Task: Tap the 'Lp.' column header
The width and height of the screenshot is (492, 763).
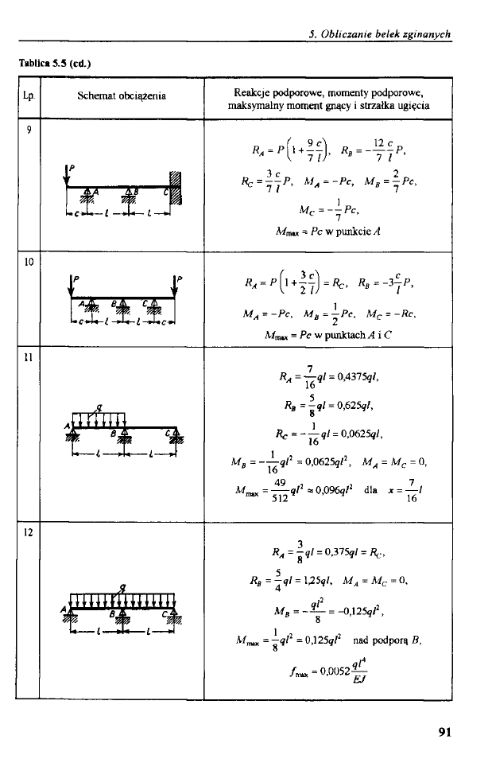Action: pos(29,96)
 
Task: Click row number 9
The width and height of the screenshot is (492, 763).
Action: pos(29,130)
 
